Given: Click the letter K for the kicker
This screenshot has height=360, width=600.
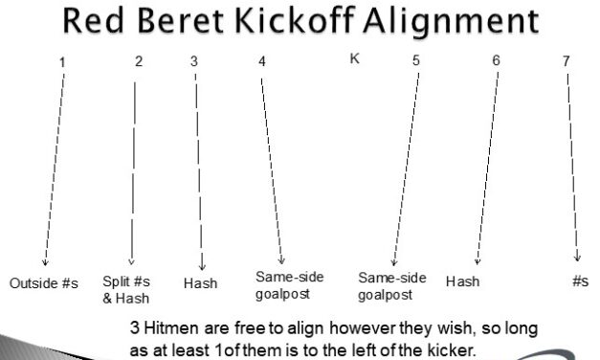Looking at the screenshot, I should [x=354, y=58].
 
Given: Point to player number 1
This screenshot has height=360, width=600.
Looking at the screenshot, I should [x=62, y=62].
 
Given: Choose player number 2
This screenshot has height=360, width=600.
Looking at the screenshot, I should [x=139, y=62].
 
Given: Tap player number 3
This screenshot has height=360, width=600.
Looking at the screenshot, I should [x=194, y=62].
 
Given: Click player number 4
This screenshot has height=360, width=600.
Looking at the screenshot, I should [x=261, y=62].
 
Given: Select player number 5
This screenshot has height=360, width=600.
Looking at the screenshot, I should [x=416, y=62].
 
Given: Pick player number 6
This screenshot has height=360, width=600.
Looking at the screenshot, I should [x=496, y=62].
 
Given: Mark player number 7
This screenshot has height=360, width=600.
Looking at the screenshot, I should [x=566, y=62].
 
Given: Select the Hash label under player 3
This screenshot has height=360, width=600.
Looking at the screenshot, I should [x=200, y=283].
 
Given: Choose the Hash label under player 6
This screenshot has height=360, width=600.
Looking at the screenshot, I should [x=462, y=281].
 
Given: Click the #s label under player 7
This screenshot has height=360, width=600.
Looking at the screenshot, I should [x=580, y=281].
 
